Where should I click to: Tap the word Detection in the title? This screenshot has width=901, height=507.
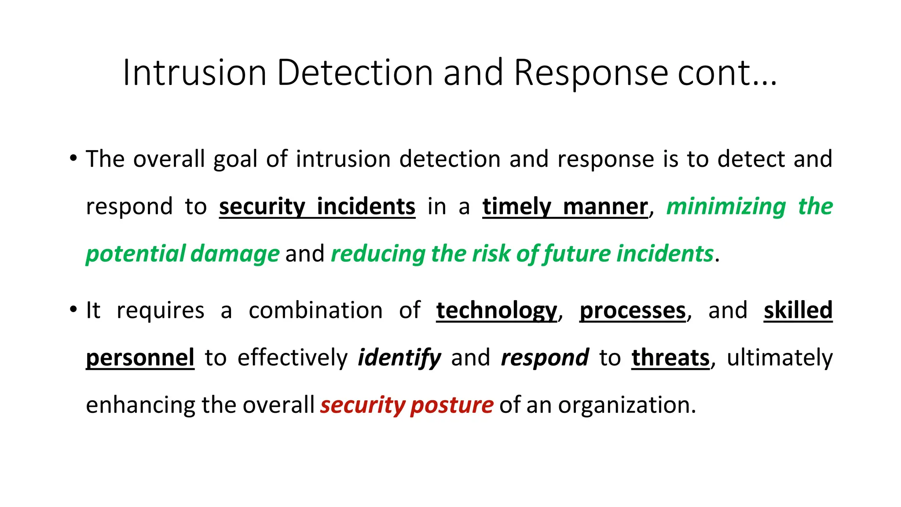point(355,73)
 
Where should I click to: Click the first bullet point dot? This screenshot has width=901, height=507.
point(73,158)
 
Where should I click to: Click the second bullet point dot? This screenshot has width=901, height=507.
point(73,309)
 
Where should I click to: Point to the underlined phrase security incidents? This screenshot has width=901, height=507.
point(317,206)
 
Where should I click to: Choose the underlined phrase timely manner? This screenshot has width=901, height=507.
point(565,206)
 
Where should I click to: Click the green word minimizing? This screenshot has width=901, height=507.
point(726,206)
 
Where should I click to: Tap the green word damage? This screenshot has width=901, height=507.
point(235,254)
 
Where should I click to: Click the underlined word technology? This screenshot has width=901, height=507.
point(497,310)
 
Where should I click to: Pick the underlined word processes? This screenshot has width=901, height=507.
point(633,310)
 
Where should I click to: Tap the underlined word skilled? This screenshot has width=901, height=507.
point(798,310)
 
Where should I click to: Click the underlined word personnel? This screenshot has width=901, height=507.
point(140,357)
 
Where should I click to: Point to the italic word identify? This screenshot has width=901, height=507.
point(399,357)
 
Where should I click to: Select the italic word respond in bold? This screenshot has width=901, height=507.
point(545,357)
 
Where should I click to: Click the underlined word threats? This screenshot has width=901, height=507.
point(670,357)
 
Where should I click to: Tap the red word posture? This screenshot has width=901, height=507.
point(452,405)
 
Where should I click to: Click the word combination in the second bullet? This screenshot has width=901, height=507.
point(315,310)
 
